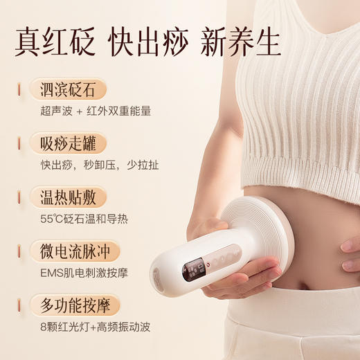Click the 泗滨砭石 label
click(x=69, y=89)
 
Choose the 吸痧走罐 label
click(x=69, y=143)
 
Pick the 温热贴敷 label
click(x=69, y=197)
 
